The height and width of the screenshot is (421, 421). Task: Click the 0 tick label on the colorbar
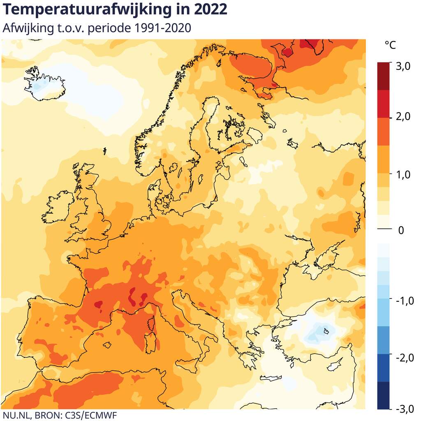pyautogui.click(x=401, y=230)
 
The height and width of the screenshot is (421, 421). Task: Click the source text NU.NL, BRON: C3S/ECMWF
pyautogui.click(x=56, y=415)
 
